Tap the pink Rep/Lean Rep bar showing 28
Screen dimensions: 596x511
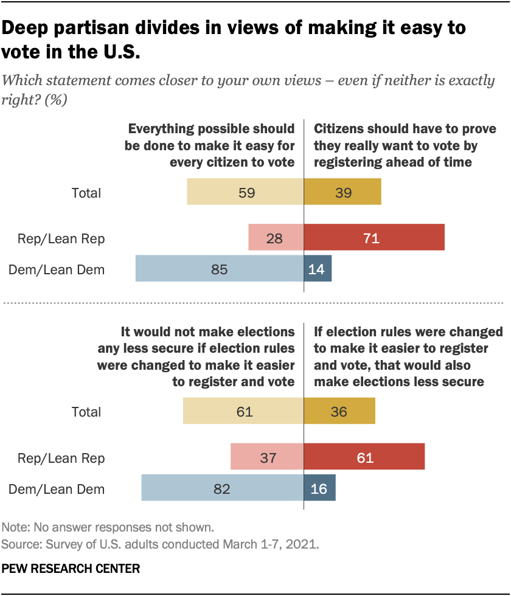coord(276,238)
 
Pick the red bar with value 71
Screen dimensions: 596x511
coord(374,238)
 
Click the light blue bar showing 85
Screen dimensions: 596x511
coord(219,269)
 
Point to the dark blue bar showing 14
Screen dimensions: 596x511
coord(318,269)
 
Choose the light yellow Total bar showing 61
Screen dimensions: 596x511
coord(243,412)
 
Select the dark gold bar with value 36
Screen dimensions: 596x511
coord(339,412)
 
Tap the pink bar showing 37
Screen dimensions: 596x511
coord(267,457)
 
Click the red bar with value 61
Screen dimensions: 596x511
coord(364,457)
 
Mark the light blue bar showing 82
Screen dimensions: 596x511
coord(222,488)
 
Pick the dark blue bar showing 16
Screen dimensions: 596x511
coord(319,488)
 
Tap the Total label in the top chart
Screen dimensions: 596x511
coord(86,194)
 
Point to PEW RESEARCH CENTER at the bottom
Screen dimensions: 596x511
coord(71,569)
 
